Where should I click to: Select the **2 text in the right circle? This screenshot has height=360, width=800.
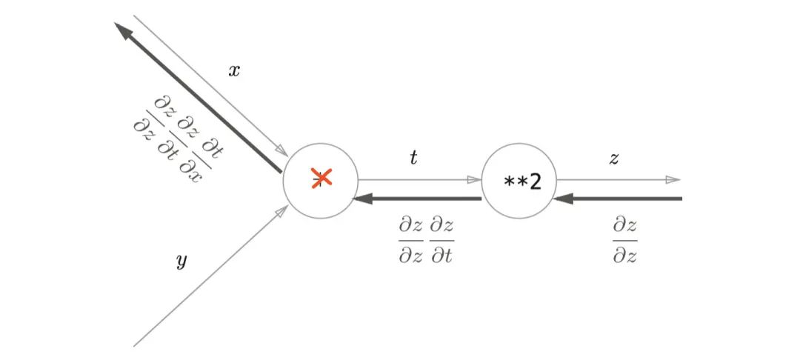click(x=522, y=182)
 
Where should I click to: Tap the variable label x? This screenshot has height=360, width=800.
click(x=233, y=71)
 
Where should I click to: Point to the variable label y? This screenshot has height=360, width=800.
click(x=181, y=262)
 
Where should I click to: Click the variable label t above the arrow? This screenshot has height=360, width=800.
click(x=413, y=158)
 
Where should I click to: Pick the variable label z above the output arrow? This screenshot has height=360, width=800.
click(x=614, y=159)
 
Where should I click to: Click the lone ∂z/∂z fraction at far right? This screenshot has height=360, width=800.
click(x=625, y=241)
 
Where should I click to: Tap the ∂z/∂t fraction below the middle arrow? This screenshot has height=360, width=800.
click(x=441, y=241)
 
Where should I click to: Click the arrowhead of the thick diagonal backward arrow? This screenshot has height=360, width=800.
click(x=121, y=30)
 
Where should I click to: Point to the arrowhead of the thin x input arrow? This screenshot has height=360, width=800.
click(x=281, y=150)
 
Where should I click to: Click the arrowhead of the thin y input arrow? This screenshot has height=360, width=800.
click(x=282, y=211)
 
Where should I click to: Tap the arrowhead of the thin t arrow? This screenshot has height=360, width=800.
click(x=475, y=179)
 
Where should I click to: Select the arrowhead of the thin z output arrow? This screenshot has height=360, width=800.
click(x=673, y=179)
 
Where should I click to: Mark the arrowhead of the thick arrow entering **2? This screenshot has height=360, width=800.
click(x=562, y=199)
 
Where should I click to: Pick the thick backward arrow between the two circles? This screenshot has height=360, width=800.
click(x=417, y=199)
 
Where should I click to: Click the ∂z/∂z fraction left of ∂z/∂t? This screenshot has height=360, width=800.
click(x=410, y=241)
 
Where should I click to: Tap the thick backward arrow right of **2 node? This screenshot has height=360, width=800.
click(x=617, y=199)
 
